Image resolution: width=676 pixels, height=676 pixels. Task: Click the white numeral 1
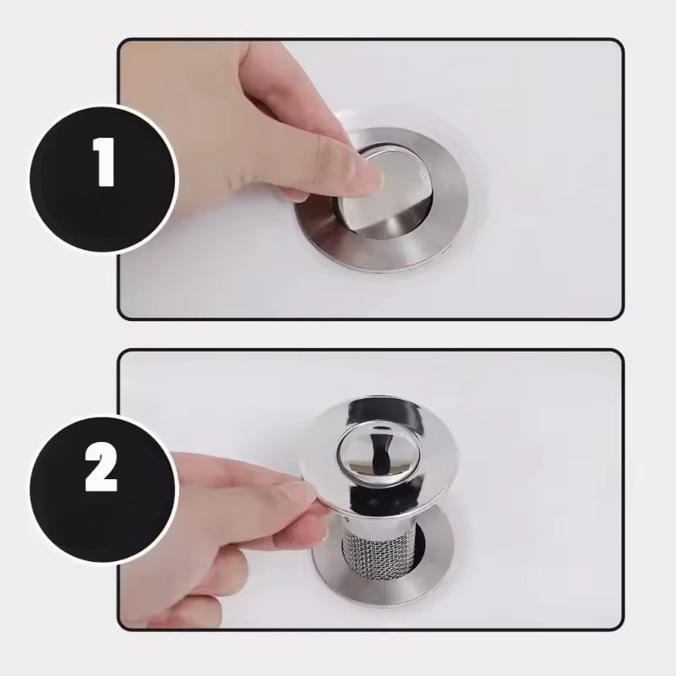click(x=104, y=161)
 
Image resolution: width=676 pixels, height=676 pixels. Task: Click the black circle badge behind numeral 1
click(x=103, y=179)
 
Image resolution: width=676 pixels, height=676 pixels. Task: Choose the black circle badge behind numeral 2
click(x=103, y=490)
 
